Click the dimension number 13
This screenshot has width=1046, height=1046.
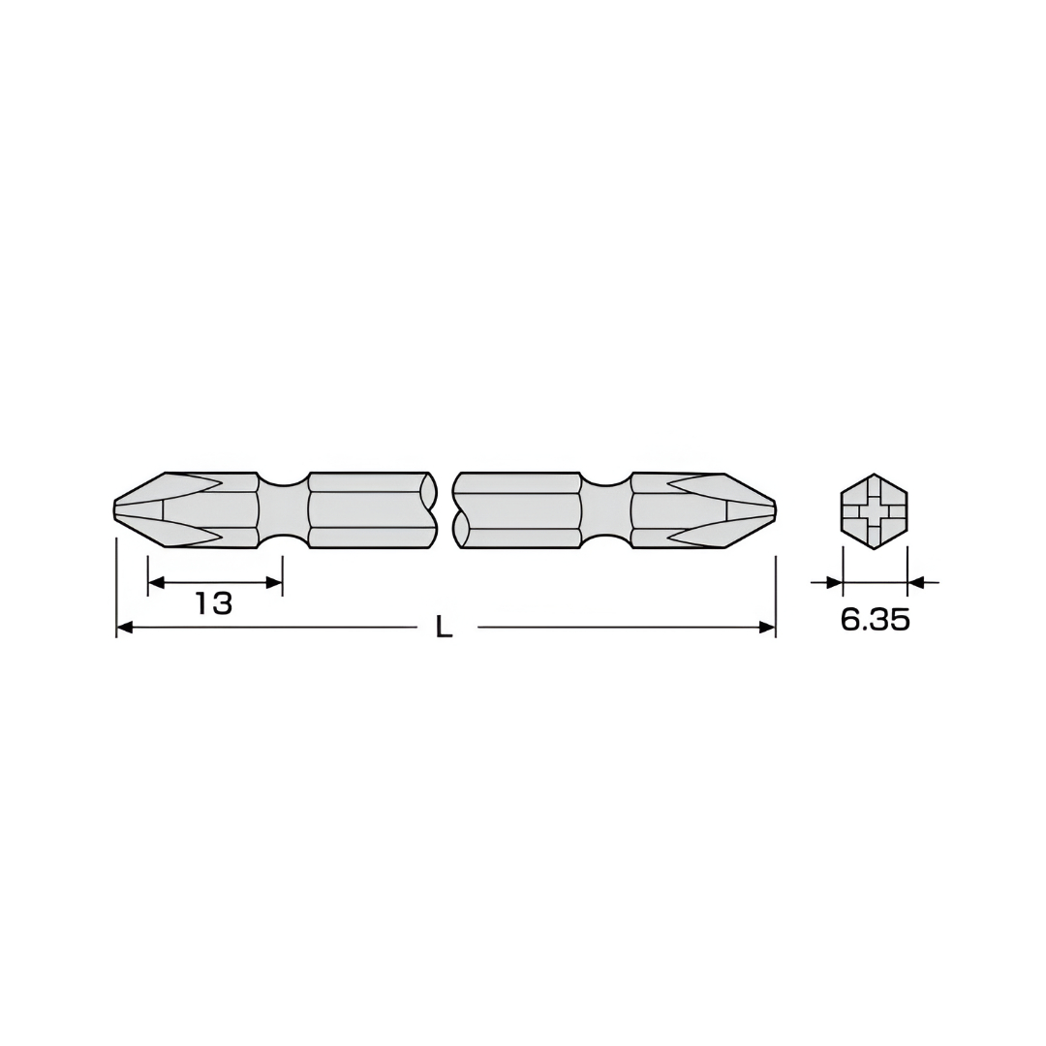213,603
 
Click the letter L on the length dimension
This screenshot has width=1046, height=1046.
445,627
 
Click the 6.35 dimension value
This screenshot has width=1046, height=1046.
875,621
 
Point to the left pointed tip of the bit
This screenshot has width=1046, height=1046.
113,510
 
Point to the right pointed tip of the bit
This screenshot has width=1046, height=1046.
776,510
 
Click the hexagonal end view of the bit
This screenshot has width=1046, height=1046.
874,511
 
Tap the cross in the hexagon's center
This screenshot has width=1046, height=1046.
874,511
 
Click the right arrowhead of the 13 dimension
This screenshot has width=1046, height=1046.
274,582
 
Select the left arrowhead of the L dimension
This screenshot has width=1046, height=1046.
125,627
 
